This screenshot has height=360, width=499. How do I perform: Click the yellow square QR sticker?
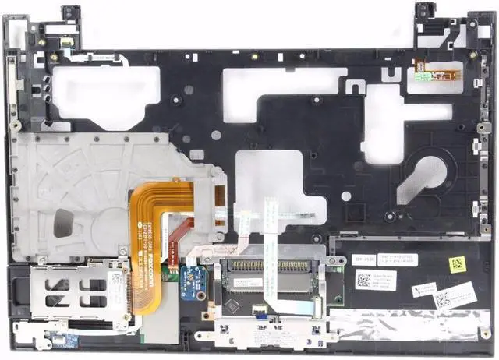click(x=456, y=263)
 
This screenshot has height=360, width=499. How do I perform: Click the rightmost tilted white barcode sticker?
click(x=455, y=295)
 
